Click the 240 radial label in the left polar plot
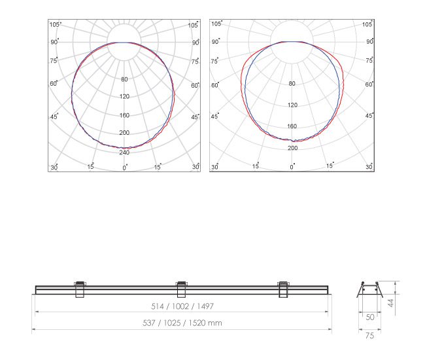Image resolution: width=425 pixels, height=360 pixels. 124,153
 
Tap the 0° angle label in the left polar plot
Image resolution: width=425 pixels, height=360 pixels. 125,168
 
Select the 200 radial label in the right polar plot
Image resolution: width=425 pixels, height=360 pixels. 292,148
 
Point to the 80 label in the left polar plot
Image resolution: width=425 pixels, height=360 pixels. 124,79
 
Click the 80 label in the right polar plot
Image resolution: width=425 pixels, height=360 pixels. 292,84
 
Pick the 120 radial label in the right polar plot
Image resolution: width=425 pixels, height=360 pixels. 292,105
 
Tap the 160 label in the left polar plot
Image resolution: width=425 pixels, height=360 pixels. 124,115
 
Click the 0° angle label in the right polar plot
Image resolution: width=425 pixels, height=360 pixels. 292,166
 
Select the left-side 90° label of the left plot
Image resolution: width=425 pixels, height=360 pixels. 54,42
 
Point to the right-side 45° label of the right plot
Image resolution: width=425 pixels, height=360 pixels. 369,116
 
